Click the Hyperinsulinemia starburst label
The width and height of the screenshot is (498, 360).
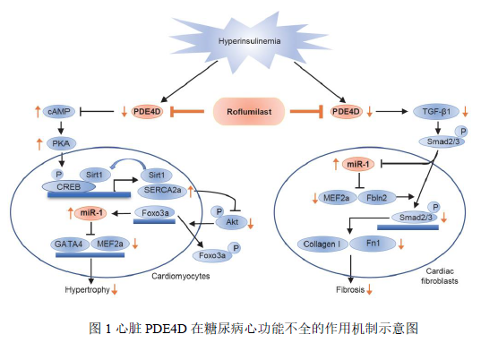[249, 41]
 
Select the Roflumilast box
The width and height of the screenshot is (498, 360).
[249, 111]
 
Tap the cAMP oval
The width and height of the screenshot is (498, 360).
[59, 111]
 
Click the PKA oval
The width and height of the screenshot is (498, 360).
[61, 143]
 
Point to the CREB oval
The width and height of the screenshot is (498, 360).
[69, 186]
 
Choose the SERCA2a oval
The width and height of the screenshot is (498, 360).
[162, 191]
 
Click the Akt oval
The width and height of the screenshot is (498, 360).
[231, 222]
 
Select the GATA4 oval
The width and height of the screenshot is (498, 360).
[69, 244]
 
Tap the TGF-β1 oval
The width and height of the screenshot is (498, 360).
[436, 112]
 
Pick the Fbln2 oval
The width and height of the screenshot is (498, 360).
[377, 198]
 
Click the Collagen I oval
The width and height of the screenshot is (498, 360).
[322, 244]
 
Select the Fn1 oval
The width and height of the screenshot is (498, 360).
[373, 244]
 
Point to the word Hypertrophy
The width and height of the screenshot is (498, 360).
[87, 289]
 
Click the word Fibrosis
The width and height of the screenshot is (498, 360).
[350, 289]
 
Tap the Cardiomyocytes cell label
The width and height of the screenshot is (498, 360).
[180, 276]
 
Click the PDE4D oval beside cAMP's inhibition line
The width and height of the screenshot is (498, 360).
[147, 111]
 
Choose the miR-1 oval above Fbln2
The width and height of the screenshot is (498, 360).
[358, 164]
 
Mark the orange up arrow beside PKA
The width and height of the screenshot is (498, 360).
[39, 144]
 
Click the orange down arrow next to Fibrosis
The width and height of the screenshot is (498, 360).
[369, 289]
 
